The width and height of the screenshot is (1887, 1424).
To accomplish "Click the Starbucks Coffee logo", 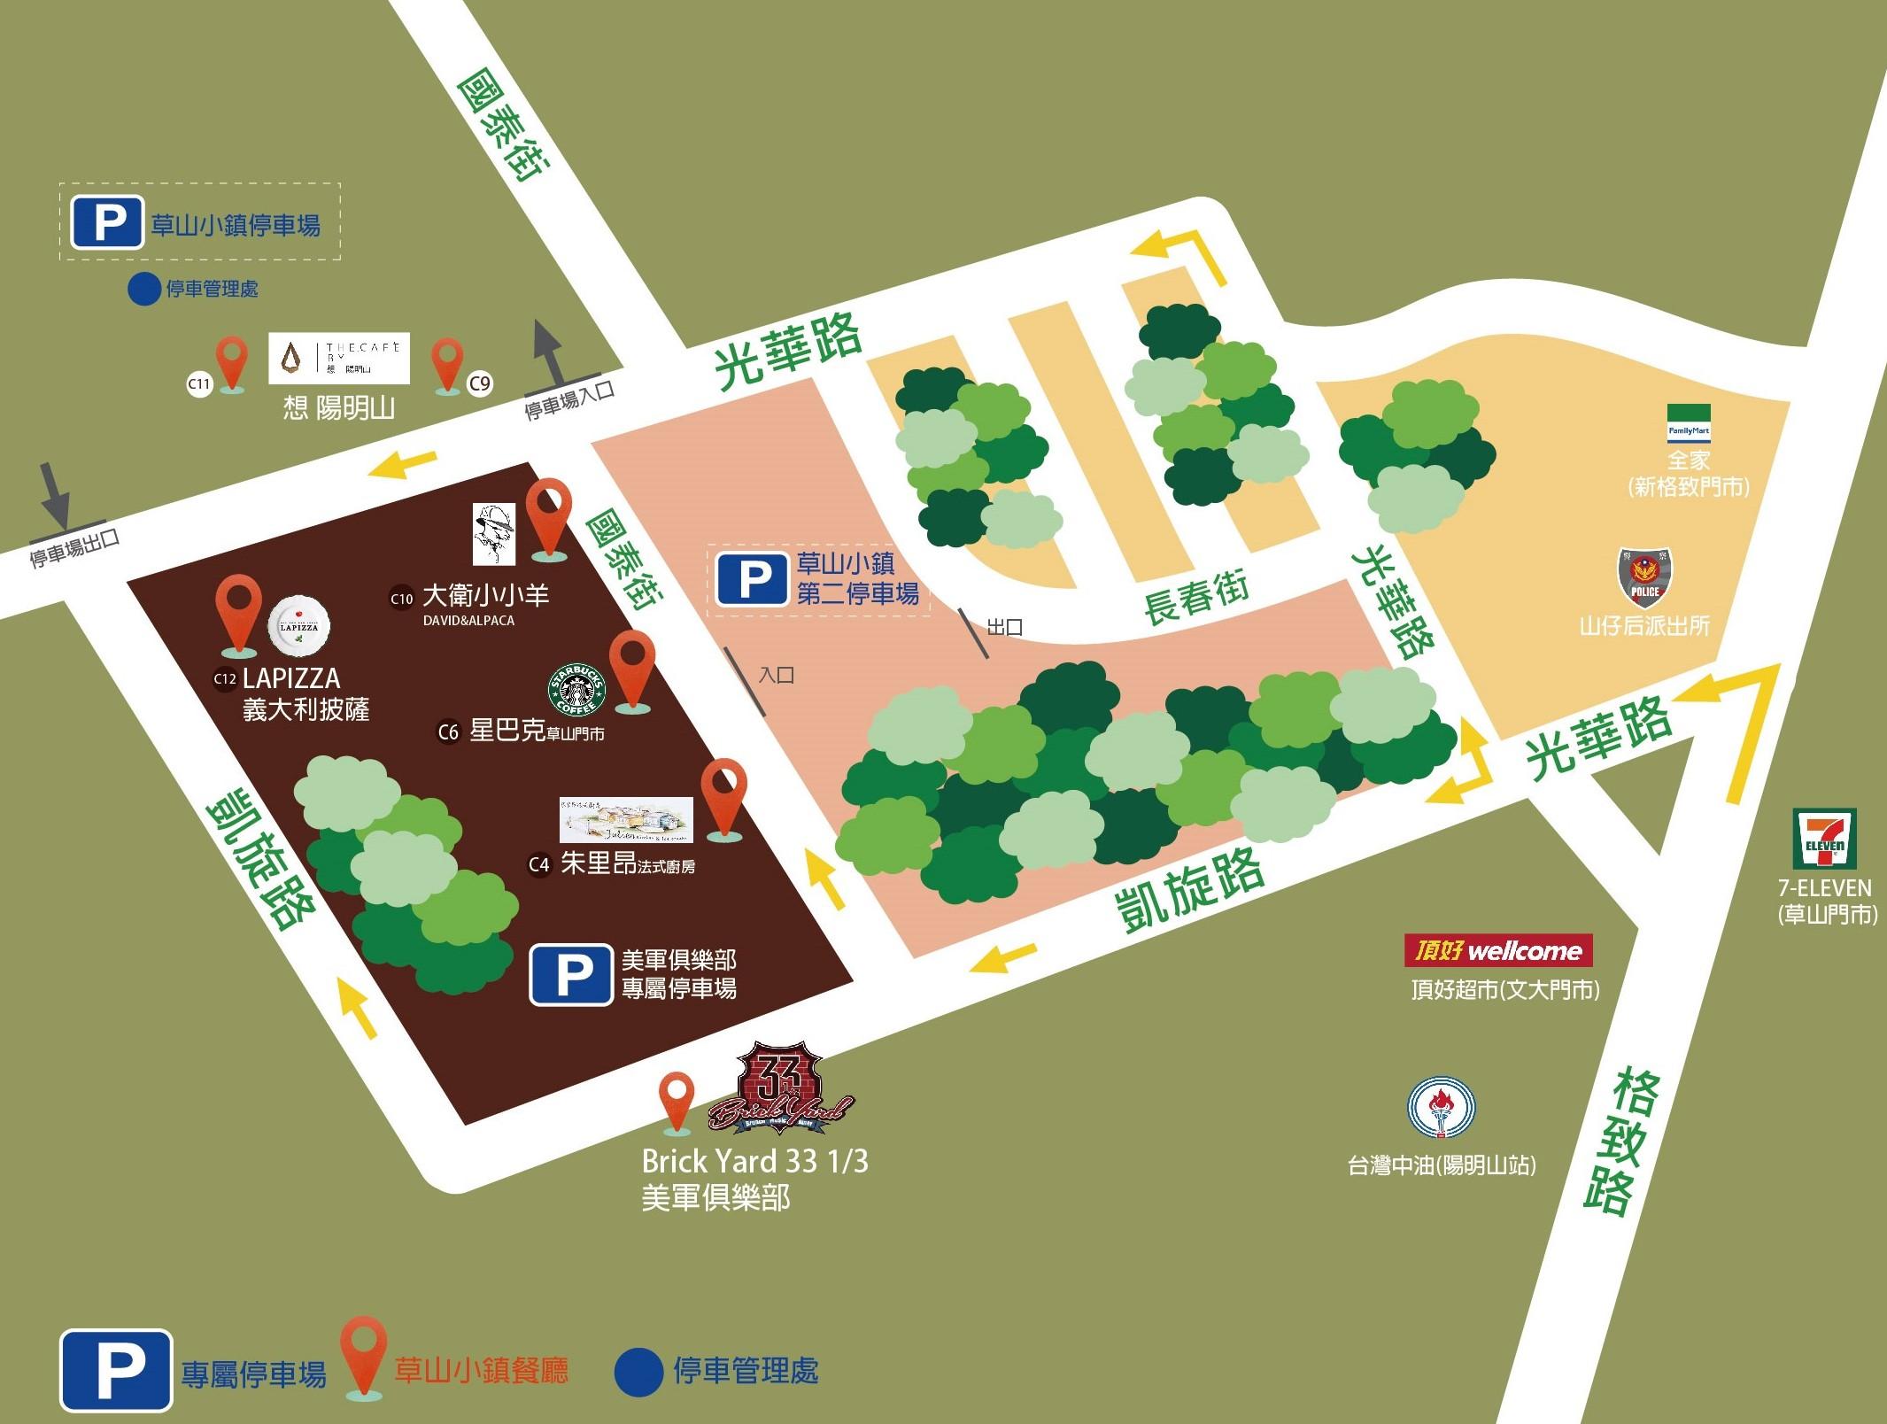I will (x=577, y=690).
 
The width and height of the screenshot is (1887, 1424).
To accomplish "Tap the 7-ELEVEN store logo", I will (x=1824, y=839).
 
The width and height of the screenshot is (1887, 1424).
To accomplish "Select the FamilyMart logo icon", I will (x=1689, y=423).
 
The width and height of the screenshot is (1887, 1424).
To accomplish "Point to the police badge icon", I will (x=1644, y=577).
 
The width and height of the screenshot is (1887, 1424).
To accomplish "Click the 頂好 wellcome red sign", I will (x=1498, y=950).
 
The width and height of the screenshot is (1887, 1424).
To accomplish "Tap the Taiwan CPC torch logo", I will (x=1441, y=1108).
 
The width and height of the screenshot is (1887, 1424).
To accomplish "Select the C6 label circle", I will (x=449, y=732).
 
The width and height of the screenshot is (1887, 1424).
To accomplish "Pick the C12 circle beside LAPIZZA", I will (x=225, y=679).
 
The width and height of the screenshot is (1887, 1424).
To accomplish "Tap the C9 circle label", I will (x=479, y=383).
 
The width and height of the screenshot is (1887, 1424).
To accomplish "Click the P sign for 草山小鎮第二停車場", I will (x=752, y=580).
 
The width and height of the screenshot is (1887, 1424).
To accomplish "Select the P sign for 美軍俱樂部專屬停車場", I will (x=571, y=974).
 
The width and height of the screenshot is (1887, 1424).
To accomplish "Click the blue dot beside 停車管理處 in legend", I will (x=638, y=1372).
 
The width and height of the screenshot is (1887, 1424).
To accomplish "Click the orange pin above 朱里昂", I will (x=723, y=795).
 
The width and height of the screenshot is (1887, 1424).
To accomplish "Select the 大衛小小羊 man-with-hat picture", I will (x=493, y=533).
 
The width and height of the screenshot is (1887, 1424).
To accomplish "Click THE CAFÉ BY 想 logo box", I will (x=339, y=359).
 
